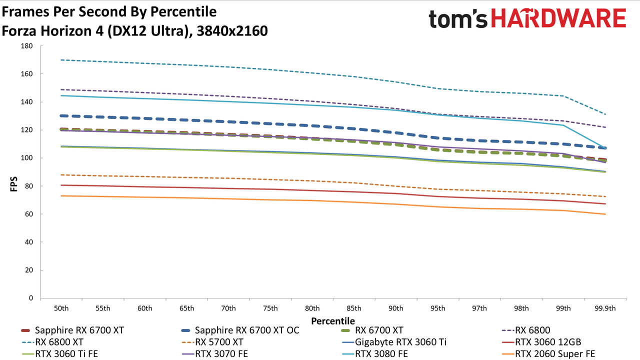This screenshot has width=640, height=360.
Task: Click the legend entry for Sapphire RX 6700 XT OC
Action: pos(240,330)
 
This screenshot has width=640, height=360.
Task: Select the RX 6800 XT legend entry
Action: pos(52,342)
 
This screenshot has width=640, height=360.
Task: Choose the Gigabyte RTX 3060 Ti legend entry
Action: pos(394,342)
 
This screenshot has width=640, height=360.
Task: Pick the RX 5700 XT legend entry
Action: pos(212,342)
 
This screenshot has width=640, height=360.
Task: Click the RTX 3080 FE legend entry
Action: pos(374,353)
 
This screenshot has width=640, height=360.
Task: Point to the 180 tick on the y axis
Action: pos(27,46)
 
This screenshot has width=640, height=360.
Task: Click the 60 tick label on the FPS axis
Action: pos(29,214)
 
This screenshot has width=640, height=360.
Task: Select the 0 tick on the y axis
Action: pos(31,298)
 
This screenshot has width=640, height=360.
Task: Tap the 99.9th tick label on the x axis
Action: pos(605,308)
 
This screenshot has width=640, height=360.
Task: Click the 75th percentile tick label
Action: pos(270,308)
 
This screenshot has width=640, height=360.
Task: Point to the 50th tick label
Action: pos(61,308)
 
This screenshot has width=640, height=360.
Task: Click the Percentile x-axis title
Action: pos(333,321)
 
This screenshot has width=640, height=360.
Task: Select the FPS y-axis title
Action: pos(13,184)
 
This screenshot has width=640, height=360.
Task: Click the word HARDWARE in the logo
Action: pos(558,18)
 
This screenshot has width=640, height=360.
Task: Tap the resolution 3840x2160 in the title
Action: pos(232,31)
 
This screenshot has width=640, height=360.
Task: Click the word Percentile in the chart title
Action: pos(183,11)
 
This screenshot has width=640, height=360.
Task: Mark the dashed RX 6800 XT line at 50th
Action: pos(61,60)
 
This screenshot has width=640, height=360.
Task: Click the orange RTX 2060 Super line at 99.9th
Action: pos(605,214)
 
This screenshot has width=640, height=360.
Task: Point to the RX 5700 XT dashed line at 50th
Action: pos(61,175)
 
